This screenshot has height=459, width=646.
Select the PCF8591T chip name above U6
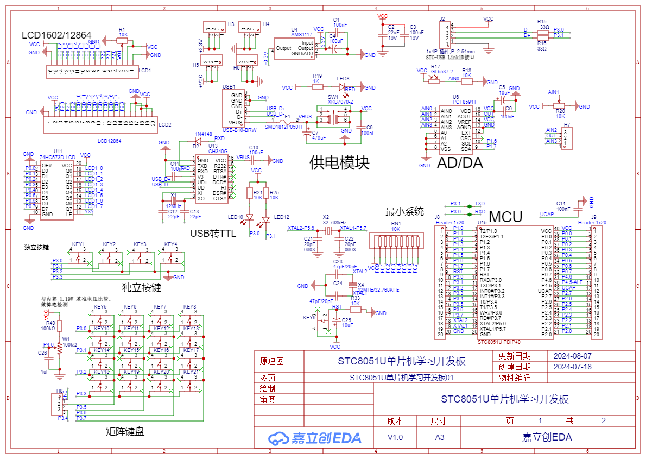tap(464, 102)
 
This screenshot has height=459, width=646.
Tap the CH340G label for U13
tap(218, 151)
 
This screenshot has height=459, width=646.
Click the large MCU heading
tap(505, 217)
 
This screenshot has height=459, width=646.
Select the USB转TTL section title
tap(213, 234)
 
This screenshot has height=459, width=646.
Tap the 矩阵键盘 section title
tap(125, 432)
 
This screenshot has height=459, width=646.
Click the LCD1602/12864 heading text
tap(56, 35)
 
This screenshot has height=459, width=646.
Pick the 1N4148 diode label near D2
tap(203, 134)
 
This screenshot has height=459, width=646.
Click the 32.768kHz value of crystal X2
tap(335, 223)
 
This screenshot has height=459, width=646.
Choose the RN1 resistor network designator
tap(396, 223)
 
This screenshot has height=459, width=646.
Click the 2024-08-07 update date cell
tap(572, 356)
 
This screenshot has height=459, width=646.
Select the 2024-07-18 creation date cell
tap(572, 367)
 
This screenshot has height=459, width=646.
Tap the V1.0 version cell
tap(395, 437)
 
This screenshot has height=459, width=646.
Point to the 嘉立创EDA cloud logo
tap(315, 438)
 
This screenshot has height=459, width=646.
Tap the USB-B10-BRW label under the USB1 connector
tap(239, 130)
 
